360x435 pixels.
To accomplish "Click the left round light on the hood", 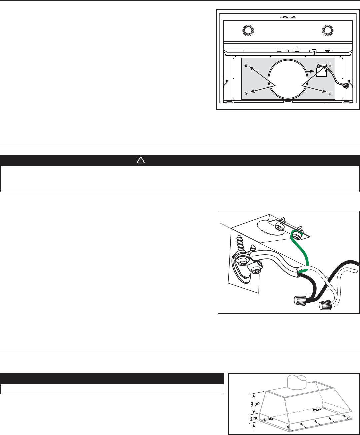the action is pos(248,30).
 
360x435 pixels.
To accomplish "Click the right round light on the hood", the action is pos(327,30).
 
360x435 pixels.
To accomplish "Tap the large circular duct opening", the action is pos(288,79).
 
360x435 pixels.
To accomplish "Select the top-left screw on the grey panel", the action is pos(246,65).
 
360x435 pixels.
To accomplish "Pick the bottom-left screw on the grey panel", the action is pos(246,93).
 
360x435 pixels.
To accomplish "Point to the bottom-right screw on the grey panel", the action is pos(330,93).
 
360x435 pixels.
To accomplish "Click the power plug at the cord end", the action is pos(346,85).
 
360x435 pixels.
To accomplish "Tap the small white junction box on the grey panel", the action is pos(322,70).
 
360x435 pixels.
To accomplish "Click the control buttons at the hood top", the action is pos(288,17).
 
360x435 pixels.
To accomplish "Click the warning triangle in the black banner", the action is pos(141,160).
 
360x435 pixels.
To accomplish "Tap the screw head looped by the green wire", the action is pos(297,235).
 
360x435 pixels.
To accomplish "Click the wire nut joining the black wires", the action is pos(300,301).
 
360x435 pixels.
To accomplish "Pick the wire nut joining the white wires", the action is pos(325,305).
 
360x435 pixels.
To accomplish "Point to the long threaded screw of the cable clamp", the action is pos(241,243).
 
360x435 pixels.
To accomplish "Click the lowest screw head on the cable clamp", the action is pos(255,270).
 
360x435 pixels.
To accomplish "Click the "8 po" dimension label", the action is pos(255,404).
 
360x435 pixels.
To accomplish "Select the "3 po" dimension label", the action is pos(254,418).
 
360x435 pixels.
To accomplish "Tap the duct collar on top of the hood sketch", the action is pos(296,382).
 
